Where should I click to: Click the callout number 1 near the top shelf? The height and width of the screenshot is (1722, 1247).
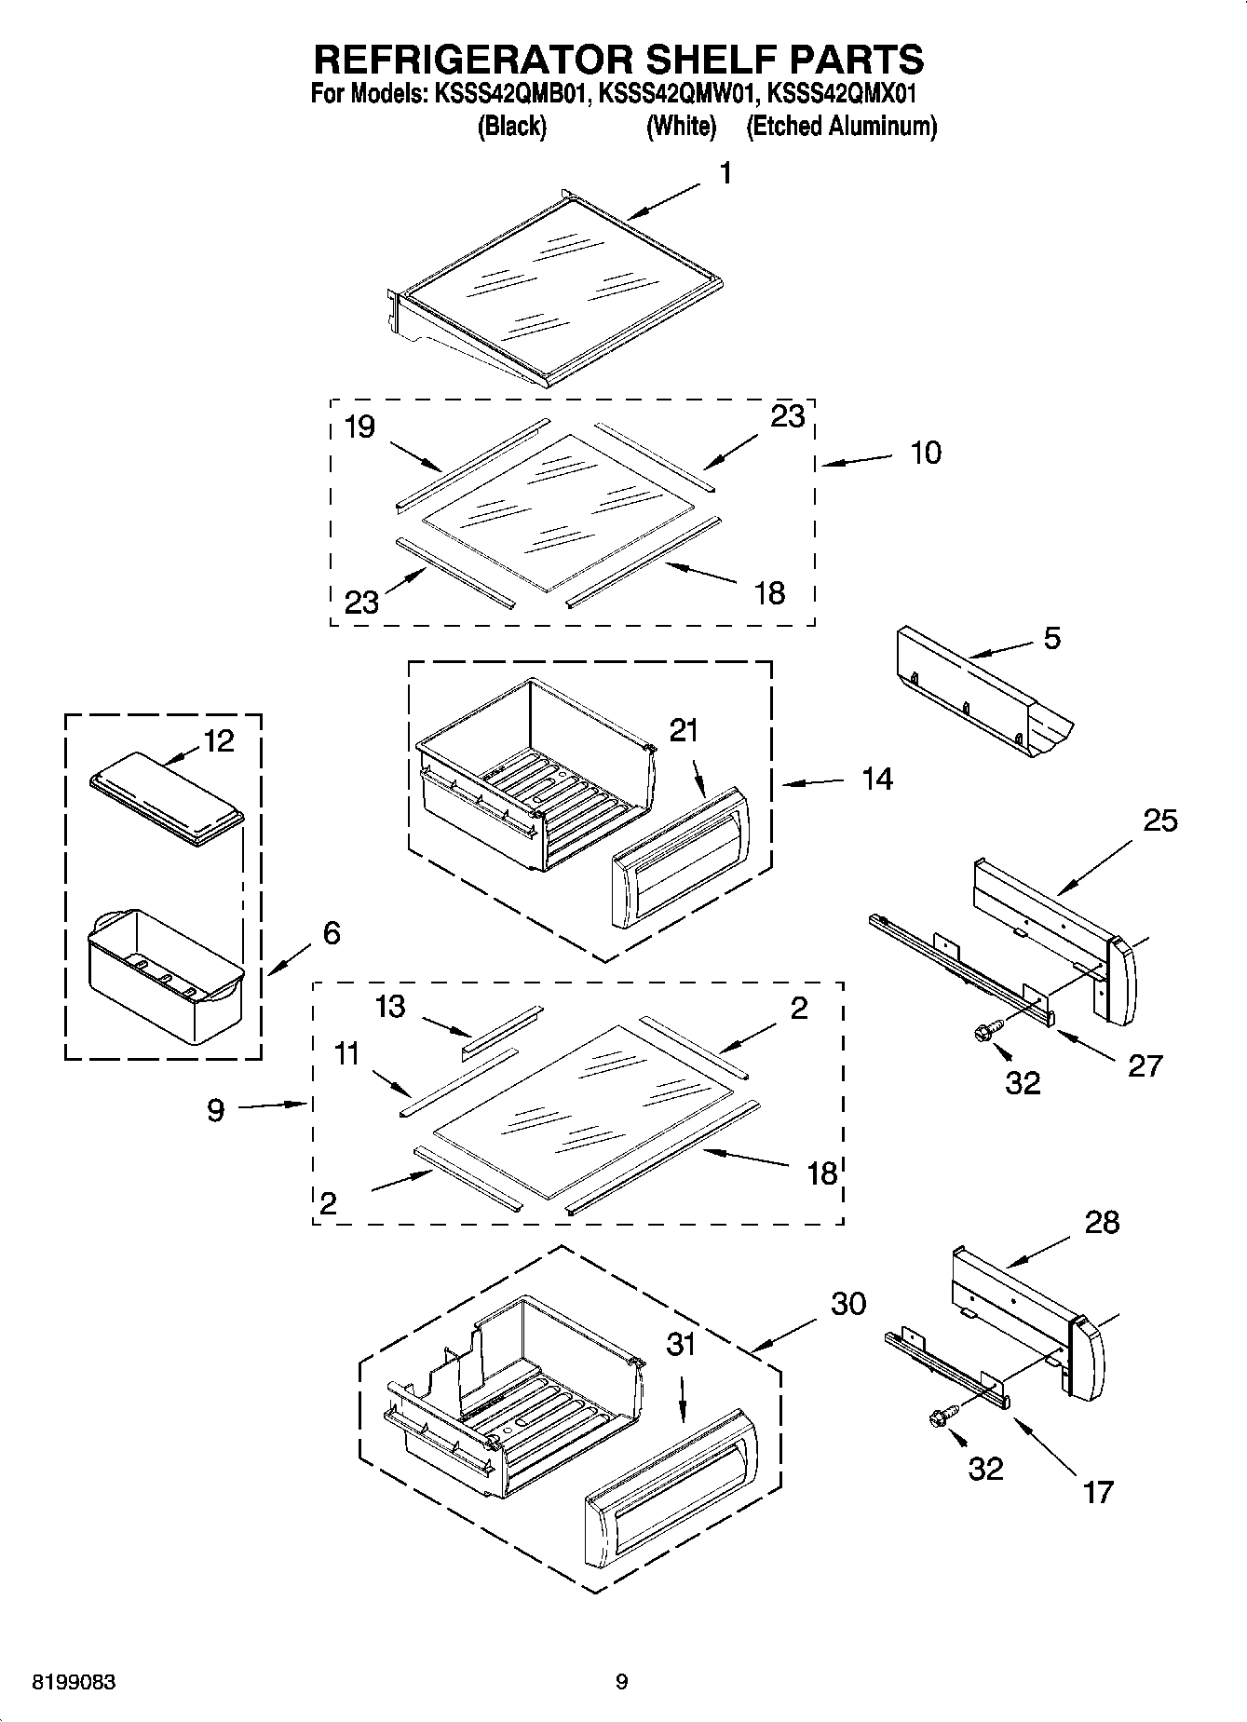pyautogui.click(x=725, y=174)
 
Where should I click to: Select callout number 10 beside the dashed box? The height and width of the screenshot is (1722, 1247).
pyautogui.click(x=926, y=454)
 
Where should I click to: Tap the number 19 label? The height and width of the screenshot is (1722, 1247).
pyautogui.click(x=359, y=427)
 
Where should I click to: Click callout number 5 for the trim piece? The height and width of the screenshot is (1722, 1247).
pyautogui.click(x=1051, y=639)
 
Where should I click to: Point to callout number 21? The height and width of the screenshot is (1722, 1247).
pyautogui.click(x=684, y=731)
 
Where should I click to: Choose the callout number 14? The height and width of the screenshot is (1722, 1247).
pyautogui.click(x=876, y=779)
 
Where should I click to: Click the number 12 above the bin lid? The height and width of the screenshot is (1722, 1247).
pyautogui.click(x=219, y=741)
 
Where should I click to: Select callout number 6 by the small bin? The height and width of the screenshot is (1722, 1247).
pyautogui.click(x=332, y=933)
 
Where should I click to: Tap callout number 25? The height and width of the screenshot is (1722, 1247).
pyautogui.click(x=1160, y=820)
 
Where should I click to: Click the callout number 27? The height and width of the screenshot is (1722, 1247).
pyautogui.click(x=1145, y=1065)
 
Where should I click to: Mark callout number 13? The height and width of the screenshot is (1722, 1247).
pyautogui.click(x=391, y=1007)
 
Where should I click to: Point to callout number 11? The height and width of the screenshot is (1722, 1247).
pyautogui.click(x=346, y=1054)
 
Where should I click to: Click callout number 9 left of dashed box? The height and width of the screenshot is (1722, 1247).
pyautogui.click(x=215, y=1110)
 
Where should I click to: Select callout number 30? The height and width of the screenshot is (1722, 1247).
pyautogui.click(x=848, y=1304)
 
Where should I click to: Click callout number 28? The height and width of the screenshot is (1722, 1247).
pyautogui.click(x=1103, y=1222)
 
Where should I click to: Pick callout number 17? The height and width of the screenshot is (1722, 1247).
pyautogui.click(x=1098, y=1492)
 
